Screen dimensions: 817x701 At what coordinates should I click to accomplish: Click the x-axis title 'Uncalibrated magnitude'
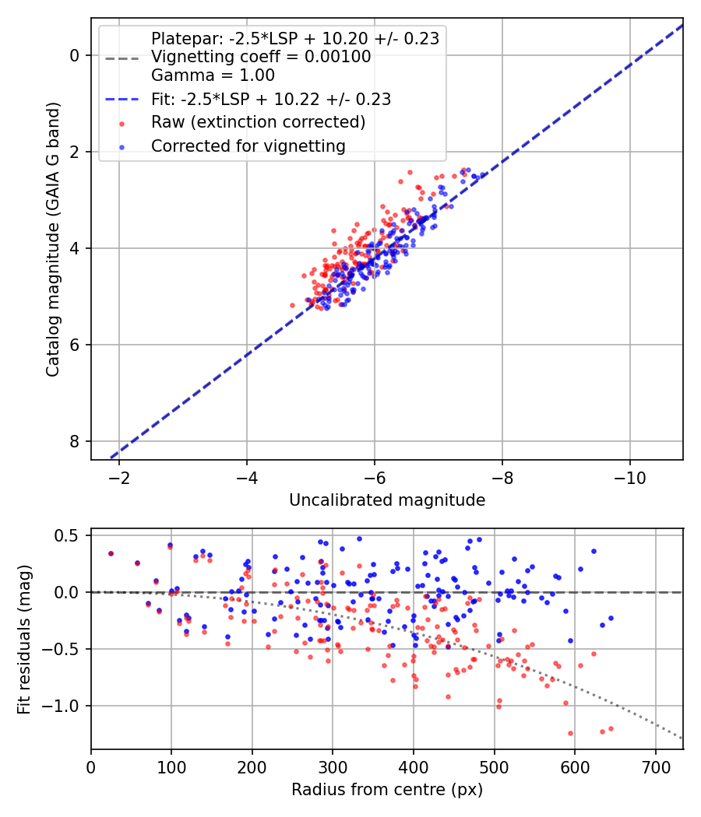(x=386, y=500)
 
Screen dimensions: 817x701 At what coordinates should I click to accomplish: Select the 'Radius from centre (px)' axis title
(x=386, y=790)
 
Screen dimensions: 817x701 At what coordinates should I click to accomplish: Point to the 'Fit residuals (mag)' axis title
(x=23, y=639)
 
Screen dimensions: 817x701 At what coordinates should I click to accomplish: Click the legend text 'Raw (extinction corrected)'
(x=258, y=122)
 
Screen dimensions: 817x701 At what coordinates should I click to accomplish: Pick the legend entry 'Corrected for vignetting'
(x=247, y=146)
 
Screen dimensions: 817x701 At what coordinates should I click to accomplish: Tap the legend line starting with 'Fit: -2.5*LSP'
(x=270, y=99)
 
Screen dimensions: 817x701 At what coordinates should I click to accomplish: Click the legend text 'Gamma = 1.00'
(x=213, y=75)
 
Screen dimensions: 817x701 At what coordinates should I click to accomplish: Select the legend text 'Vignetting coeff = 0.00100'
(x=261, y=57)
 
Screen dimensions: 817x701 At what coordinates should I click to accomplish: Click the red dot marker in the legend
(x=121, y=123)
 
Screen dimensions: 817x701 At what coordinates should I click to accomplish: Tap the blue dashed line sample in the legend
(x=121, y=100)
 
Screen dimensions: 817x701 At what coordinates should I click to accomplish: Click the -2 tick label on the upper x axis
(x=119, y=477)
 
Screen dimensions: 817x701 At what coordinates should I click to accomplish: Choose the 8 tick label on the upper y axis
(x=75, y=441)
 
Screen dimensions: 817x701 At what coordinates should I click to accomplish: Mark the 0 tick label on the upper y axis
(x=75, y=55)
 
